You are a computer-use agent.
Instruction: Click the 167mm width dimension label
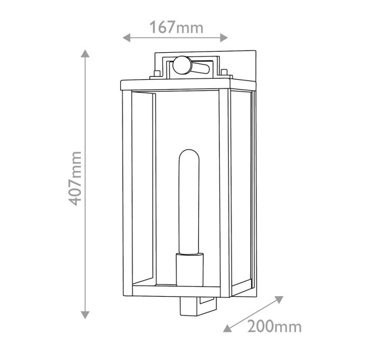click(x=176, y=28)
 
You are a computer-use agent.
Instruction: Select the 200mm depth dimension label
click(x=274, y=327)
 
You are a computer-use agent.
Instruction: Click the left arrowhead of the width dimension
click(x=127, y=38)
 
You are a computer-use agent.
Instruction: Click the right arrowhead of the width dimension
click(x=224, y=38)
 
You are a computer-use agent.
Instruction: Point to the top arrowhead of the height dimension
click(x=85, y=53)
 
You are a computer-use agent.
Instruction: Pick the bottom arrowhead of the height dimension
click(x=85, y=315)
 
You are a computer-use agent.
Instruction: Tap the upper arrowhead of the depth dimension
click(x=279, y=299)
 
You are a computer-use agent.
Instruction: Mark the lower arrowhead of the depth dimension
click(x=227, y=328)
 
